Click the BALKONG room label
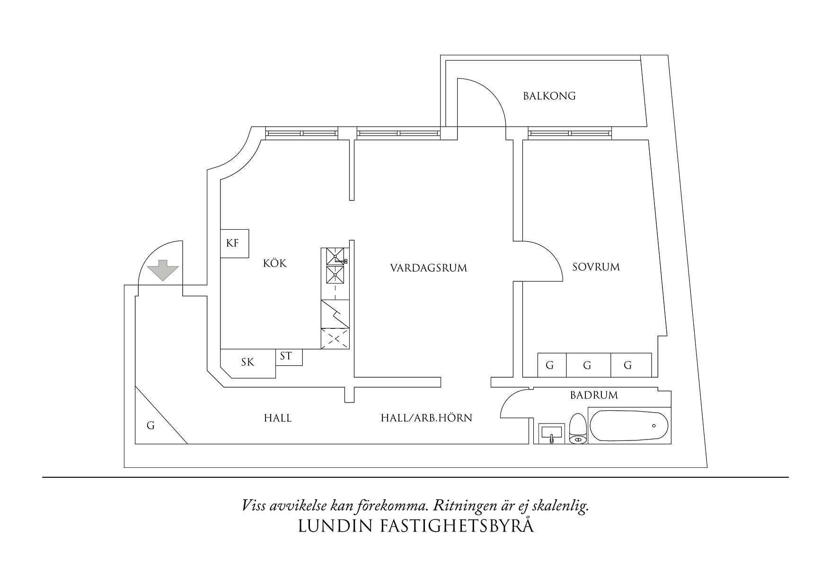[x=549, y=96]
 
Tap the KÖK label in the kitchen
[x=275, y=263]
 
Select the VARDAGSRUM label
[x=428, y=268]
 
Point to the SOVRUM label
[x=596, y=267]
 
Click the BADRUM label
[x=594, y=395]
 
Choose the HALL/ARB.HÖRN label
[x=426, y=418]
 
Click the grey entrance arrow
[x=163, y=270]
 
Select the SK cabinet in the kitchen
[x=247, y=362]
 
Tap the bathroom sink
[x=551, y=433]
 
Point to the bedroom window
[x=570, y=134]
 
